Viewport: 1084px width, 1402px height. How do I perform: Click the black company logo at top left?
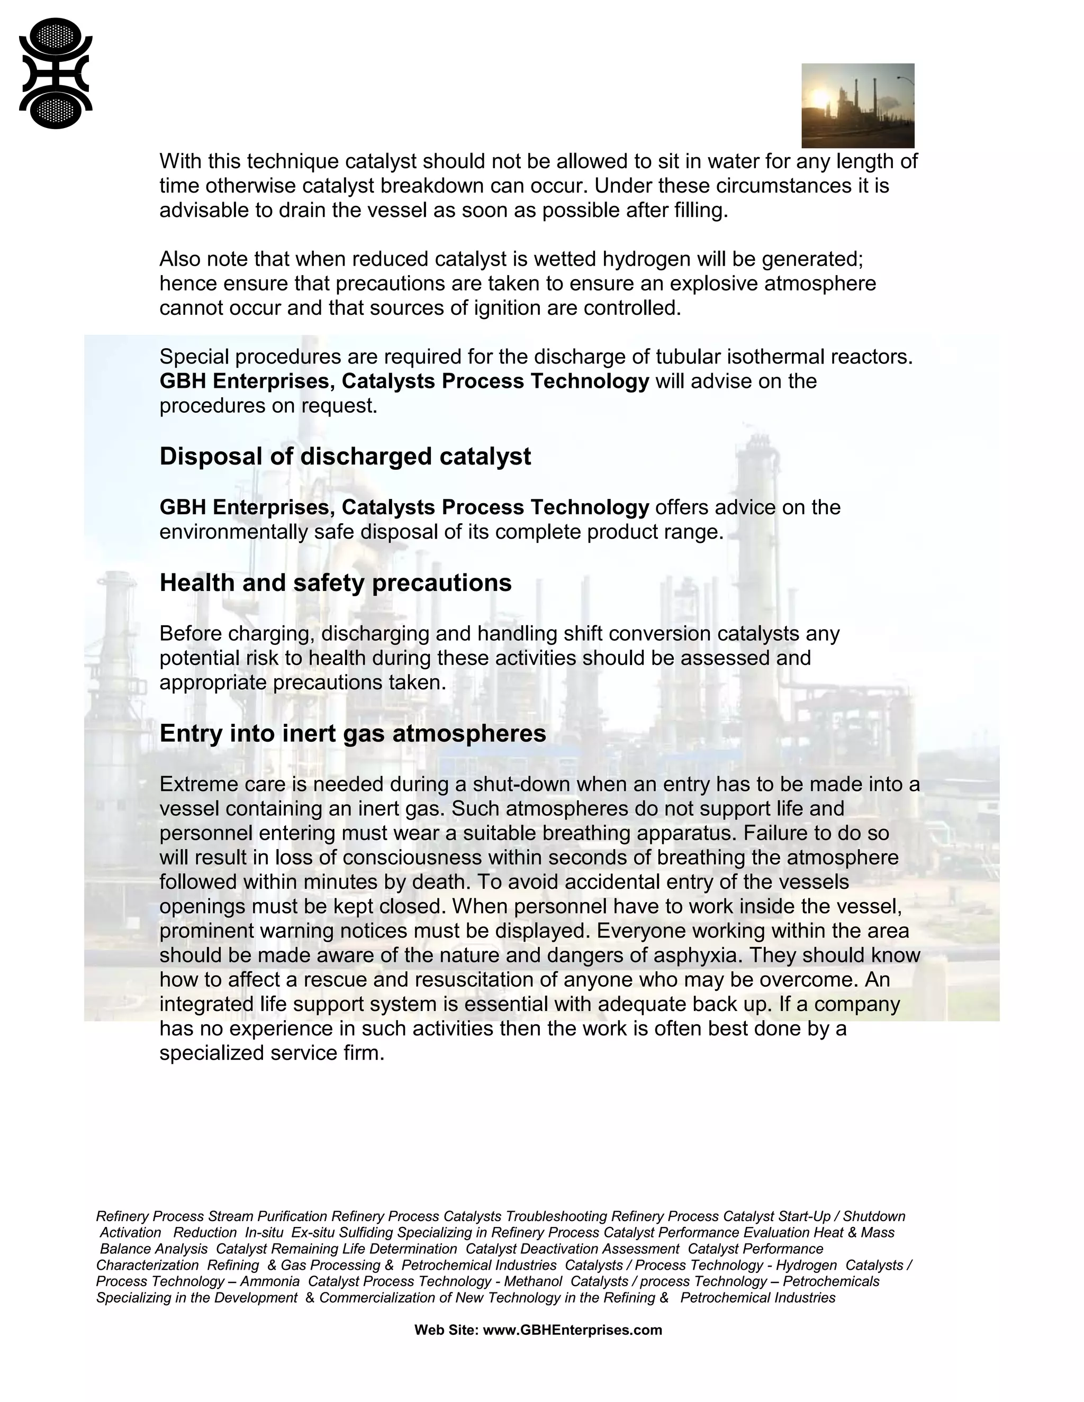pyautogui.click(x=56, y=73)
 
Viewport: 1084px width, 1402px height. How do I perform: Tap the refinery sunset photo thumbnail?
pyautogui.click(x=857, y=105)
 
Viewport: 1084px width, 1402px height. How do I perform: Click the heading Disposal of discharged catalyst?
pyautogui.click(x=345, y=457)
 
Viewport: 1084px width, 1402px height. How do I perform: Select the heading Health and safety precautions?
pyautogui.click(x=335, y=583)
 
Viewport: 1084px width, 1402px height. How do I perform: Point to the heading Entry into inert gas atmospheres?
pyautogui.click(x=353, y=733)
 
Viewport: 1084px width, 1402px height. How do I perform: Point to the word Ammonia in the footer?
pyautogui.click(x=270, y=1281)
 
